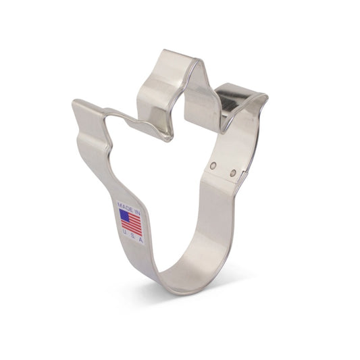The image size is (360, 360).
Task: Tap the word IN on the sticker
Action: click(137, 212)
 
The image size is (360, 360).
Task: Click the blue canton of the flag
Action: click(124, 214)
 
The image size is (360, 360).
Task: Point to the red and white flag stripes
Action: click(132, 224)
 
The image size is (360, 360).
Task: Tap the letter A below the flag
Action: click(141, 240)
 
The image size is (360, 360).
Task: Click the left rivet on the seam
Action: click(214, 165)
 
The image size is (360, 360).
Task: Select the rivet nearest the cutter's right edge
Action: click(233, 172)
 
